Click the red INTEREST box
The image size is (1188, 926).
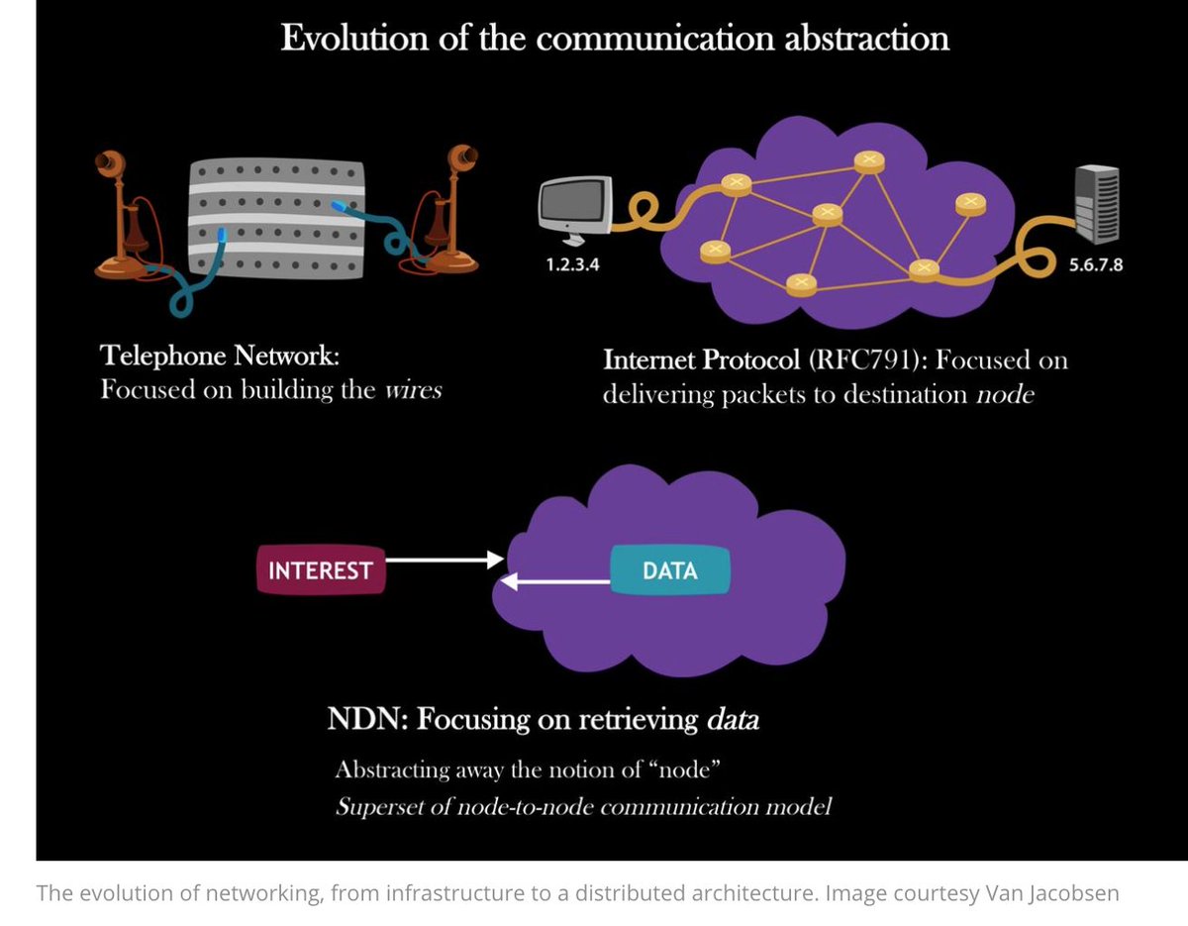(x=320, y=570)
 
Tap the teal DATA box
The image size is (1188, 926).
(x=669, y=570)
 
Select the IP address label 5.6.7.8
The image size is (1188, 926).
(x=1096, y=265)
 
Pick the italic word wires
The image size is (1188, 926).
(x=412, y=389)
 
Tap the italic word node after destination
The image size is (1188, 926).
(x=1006, y=394)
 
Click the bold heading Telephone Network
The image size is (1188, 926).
(x=226, y=356)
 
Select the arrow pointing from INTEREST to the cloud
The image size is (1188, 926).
(x=445, y=560)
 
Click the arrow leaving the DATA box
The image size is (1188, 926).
(x=555, y=583)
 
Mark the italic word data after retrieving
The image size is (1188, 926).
(x=733, y=720)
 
